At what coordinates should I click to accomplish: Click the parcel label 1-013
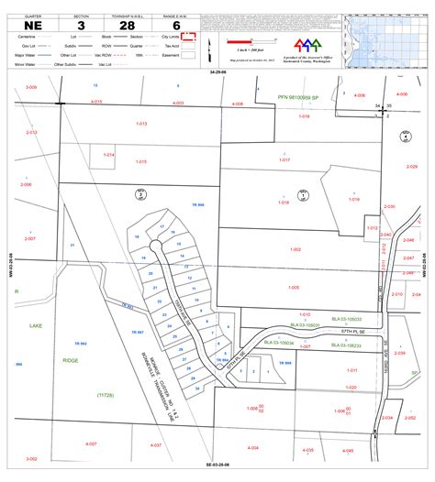coord(141,123)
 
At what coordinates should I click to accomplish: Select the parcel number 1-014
coord(109,155)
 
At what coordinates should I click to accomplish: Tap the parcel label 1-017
coord(284,160)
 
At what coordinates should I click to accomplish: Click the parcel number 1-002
coord(295,249)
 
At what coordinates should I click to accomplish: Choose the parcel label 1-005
coord(293,287)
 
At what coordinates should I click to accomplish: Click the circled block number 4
coord(405,137)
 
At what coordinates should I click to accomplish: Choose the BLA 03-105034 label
coord(279,342)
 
